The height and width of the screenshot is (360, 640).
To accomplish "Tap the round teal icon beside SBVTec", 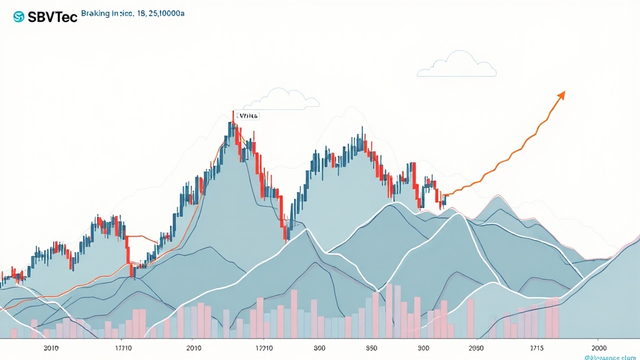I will click(x=18, y=17).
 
